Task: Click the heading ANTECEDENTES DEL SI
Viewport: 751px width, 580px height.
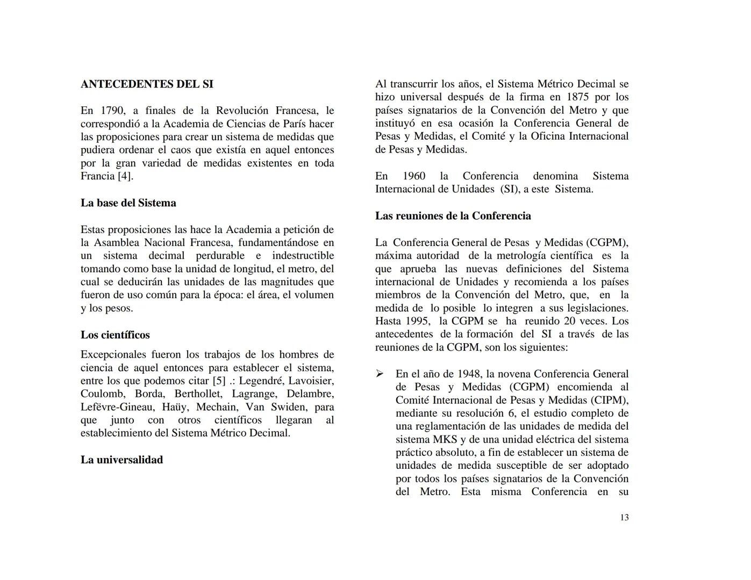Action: pyautogui.click(x=147, y=84)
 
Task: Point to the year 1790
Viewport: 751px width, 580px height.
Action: pyautogui.click(x=112, y=111)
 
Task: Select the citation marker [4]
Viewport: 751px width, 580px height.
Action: pyautogui.click(x=125, y=176)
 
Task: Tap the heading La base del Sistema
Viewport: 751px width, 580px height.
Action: pyautogui.click(x=128, y=203)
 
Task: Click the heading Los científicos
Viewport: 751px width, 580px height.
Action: pyautogui.click(x=115, y=335)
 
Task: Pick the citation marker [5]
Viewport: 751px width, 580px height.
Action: pyautogui.click(x=219, y=381)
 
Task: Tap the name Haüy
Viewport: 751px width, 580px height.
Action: pyautogui.click(x=174, y=407)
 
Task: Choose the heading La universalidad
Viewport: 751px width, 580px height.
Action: pyautogui.click(x=121, y=460)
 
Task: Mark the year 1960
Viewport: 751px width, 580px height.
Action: pyautogui.click(x=414, y=176)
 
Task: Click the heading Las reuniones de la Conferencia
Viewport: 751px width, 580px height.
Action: pyautogui.click(x=453, y=216)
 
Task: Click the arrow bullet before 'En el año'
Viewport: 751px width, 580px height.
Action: pyautogui.click(x=380, y=374)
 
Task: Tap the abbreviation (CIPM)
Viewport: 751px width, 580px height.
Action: pyautogui.click(x=609, y=400)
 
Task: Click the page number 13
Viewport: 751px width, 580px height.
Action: pyautogui.click(x=624, y=518)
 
